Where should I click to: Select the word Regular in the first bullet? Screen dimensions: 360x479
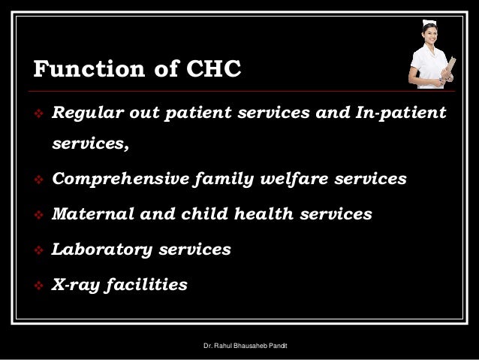tap(86, 113)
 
